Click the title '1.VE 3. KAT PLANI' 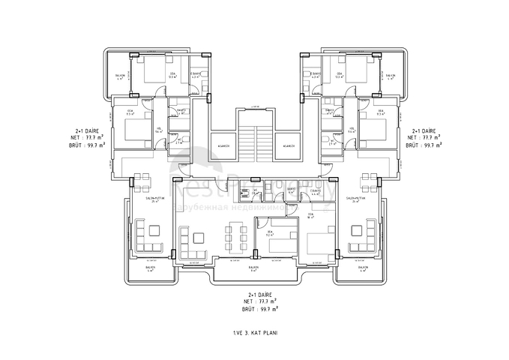[254, 329]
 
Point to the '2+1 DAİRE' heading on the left [89, 130]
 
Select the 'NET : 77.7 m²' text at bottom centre [259, 301]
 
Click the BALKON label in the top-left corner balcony [119, 76]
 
